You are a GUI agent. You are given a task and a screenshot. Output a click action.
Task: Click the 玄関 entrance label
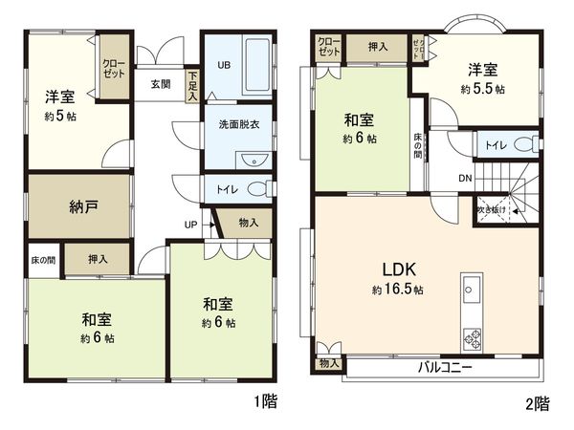pos(160,83)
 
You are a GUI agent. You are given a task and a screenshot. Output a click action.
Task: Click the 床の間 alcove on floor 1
pos(44,259)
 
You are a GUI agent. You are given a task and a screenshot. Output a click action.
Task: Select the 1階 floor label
pos(267,404)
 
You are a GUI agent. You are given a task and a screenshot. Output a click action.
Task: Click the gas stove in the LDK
pos(473,337)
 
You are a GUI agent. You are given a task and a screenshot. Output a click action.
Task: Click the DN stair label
pos(464,179)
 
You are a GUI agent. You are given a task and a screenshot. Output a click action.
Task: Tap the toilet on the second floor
pos(521,146)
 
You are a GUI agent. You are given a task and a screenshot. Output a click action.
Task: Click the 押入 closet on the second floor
pos(377,45)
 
